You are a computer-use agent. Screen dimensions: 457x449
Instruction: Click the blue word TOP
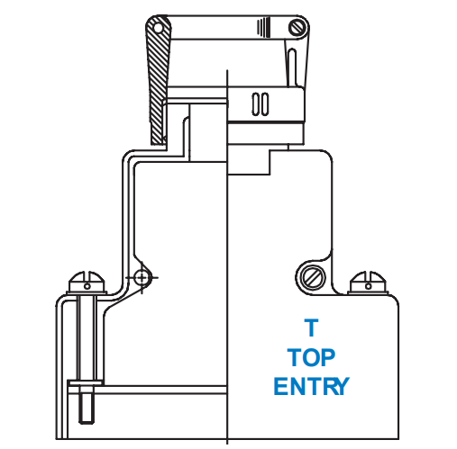(x=311, y=357)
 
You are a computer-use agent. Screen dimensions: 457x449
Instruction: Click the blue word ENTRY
(x=311, y=386)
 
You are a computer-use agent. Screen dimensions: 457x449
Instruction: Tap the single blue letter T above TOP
(x=311, y=328)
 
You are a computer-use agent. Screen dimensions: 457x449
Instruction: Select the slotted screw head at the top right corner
(x=297, y=27)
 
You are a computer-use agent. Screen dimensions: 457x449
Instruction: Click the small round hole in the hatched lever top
(x=158, y=29)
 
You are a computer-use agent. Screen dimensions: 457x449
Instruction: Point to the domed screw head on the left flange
(x=87, y=282)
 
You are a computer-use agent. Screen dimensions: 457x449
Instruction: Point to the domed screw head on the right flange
(x=368, y=282)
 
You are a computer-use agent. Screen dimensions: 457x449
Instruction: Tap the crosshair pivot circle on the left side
(x=142, y=278)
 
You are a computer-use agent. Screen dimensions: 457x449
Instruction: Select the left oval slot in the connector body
(x=256, y=104)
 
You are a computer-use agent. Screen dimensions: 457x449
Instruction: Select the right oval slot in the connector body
(x=265, y=104)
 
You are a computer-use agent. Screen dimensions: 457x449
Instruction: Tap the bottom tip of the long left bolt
(x=87, y=424)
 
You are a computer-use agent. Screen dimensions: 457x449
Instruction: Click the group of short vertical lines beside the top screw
(x=263, y=28)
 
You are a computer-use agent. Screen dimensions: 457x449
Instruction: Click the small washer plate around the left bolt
(x=86, y=382)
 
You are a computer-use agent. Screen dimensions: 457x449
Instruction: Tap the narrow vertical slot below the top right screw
(x=291, y=67)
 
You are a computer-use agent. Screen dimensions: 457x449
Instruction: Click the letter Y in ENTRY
(x=341, y=386)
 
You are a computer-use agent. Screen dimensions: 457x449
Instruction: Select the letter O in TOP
(x=311, y=357)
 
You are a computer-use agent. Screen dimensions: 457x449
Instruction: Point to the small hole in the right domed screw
(x=368, y=286)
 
